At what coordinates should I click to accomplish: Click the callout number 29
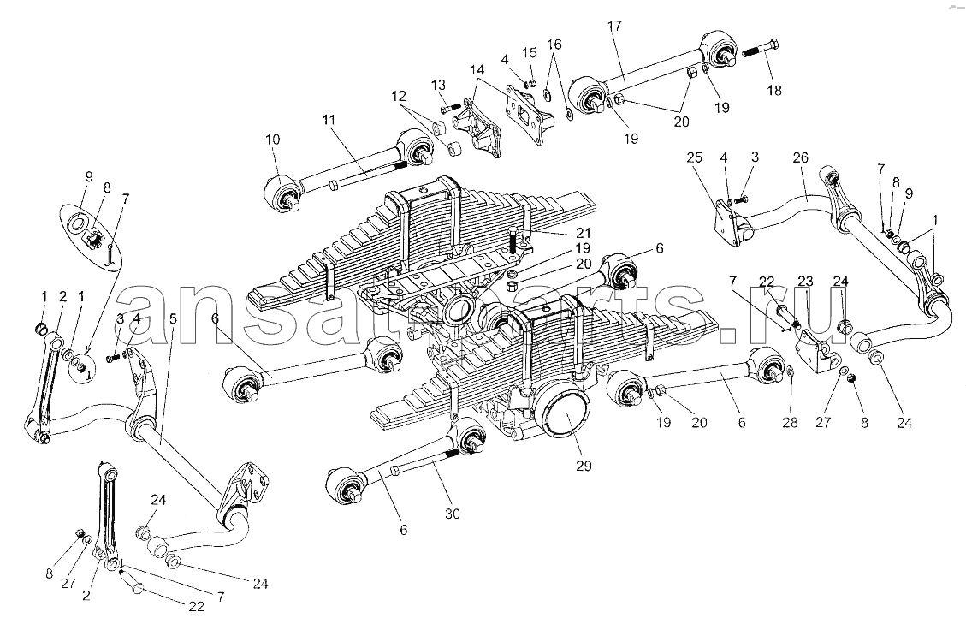(x=584, y=466)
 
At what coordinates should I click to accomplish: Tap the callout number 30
(x=453, y=514)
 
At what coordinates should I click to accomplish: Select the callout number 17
(x=614, y=26)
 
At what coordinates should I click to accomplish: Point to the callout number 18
(x=774, y=90)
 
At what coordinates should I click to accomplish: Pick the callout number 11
(x=329, y=119)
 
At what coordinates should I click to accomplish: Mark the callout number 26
(x=800, y=157)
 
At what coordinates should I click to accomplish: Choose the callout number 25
(x=694, y=157)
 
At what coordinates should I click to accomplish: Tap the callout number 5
(x=173, y=318)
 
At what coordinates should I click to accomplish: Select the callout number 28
(x=790, y=422)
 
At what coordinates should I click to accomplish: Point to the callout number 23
(x=806, y=281)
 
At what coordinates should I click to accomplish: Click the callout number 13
(x=438, y=85)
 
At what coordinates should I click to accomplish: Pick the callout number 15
(x=530, y=52)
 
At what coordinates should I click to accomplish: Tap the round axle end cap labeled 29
(x=563, y=415)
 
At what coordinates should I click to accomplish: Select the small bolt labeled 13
(x=447, y=110)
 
